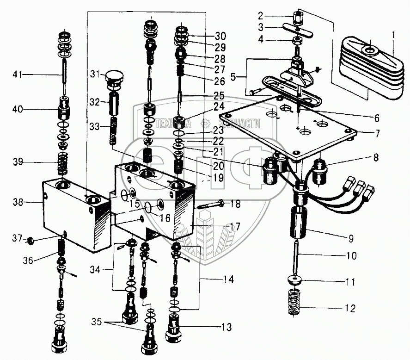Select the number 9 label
tap(351, 239)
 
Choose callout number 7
tap(378, 134)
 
